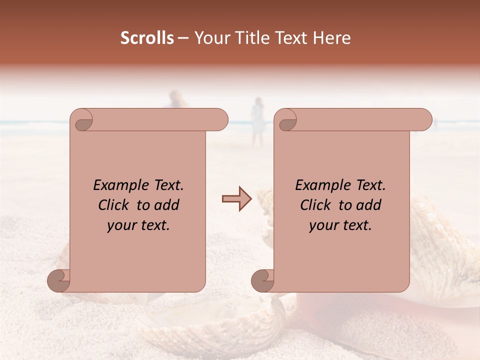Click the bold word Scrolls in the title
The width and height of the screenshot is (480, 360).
(147, 38)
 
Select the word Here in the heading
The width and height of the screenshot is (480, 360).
(331, 38)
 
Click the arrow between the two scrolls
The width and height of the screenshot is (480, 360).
(237, 199)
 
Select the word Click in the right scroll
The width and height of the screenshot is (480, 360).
(315, 205)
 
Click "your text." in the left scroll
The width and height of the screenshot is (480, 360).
(138, 225)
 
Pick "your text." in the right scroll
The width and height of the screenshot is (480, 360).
(340, 225)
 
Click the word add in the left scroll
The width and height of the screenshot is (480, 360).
(167, 205)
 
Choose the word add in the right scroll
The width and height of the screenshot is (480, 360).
(369, 205)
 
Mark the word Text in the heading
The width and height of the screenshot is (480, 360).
(291, 38)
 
